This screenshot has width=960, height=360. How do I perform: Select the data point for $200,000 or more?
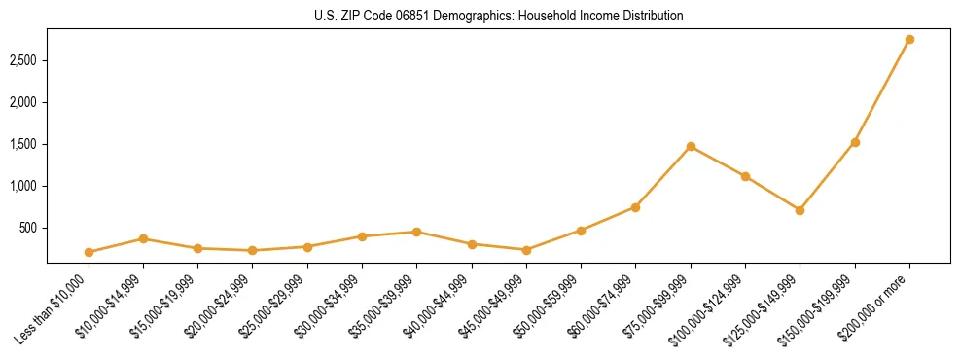click(x=909, y=40)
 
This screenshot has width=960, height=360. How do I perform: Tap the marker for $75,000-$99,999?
click(x=691, y=147)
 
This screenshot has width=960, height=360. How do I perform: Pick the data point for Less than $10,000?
click(x=89, y=252)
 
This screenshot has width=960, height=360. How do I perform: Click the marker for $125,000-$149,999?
click(x=800, y=210)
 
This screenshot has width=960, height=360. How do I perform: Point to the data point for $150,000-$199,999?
click(x=855, y=142)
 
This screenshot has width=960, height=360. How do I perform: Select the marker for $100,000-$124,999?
click(x=745, y=176)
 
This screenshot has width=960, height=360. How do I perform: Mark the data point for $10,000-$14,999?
click(x=143, y=238)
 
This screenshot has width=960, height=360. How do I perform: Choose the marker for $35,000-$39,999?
click(x=416, y=232)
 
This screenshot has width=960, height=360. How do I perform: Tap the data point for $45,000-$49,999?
click(x=526, y=250)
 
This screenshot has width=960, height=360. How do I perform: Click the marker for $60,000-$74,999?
click(x=635, y=207)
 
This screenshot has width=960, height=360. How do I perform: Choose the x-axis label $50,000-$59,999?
click(x=549, y=306)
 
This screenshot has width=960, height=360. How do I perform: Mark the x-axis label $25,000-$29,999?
click(x=274, y=306)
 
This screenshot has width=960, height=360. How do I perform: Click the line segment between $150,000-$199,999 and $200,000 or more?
click(x=882, y=91)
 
